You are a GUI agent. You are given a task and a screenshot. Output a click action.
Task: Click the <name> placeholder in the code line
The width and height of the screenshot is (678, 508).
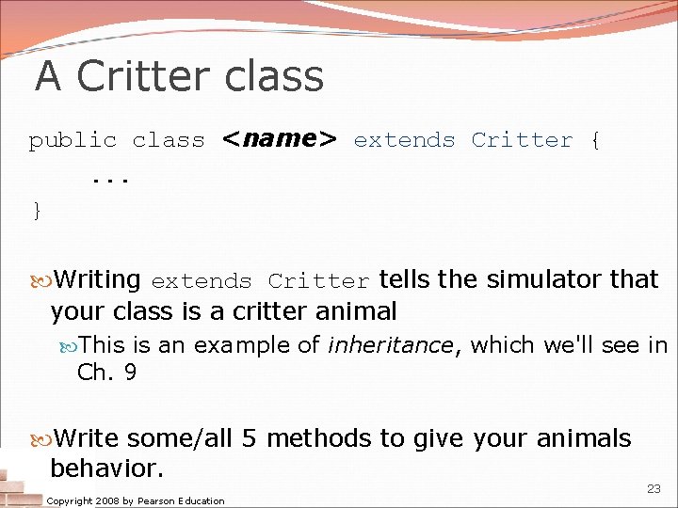tap(279, 139)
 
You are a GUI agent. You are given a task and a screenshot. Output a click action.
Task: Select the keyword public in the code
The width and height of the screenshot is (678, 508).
tap(73, 140)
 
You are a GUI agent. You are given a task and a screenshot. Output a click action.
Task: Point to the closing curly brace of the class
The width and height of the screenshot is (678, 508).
tap(37, 210)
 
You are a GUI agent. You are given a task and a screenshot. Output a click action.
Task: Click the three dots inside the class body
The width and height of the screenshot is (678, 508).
tap(110, 176)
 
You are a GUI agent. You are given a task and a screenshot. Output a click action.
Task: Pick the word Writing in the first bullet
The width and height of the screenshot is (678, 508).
tap(97, 279)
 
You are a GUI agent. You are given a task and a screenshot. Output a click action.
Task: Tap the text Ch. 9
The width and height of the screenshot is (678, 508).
tap(106, 373)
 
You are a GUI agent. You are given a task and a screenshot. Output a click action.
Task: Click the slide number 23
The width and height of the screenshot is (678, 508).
tap(654, 488)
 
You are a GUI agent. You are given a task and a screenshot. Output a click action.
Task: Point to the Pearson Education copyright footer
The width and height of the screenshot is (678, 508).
tap(136, 500)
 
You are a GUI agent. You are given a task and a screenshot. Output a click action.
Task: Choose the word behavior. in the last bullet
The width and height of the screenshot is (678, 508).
tap(107, 468)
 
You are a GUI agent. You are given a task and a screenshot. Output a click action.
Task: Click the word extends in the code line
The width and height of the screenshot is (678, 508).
tap(404, 140)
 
